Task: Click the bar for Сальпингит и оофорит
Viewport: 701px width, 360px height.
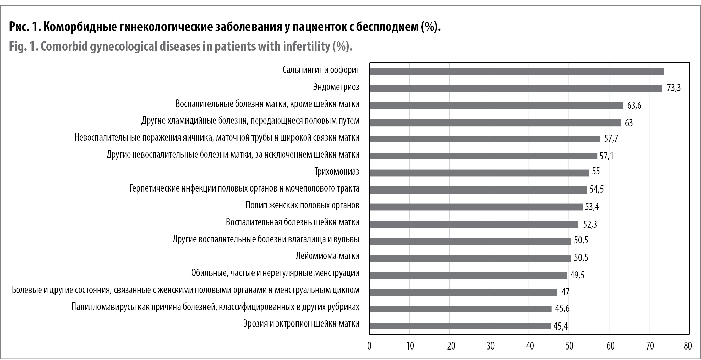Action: click(517, 71)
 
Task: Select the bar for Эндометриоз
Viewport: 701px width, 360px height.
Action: click(516, 88)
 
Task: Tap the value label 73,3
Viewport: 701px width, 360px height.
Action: click(674, 88)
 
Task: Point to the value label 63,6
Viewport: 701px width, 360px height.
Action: click(634, 106)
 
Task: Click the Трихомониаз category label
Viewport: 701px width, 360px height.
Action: click(337, 172)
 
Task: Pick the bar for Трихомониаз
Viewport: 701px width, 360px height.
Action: click(479, 173)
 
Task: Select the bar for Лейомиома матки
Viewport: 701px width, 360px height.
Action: click(470, 258)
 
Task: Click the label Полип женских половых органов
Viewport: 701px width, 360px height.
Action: click(302, 205)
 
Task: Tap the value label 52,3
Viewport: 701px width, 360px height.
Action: click(590, 224)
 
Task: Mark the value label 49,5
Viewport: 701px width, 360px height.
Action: click(577, 275)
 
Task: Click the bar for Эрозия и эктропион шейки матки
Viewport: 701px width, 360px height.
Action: click(460, 326)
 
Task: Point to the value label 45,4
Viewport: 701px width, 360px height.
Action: click(561, 326)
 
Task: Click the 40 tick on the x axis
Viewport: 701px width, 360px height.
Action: click(530, 346)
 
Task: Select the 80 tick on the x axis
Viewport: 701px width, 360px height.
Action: click(687, 346)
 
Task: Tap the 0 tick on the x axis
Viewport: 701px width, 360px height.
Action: click(369, 346)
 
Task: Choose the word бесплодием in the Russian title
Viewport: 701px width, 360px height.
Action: click(381, 27)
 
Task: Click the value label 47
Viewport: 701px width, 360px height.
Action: click(565, 292)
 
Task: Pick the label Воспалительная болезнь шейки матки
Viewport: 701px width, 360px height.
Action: click(292, 222)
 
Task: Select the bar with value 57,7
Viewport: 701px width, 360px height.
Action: click(484, 139)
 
